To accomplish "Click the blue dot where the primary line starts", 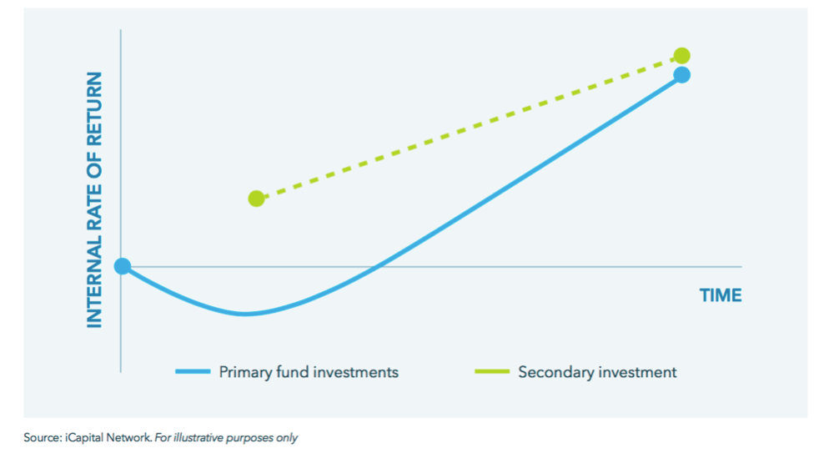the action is (123, 266).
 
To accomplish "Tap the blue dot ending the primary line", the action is (682, 75).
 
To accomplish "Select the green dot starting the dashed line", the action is (256, 199).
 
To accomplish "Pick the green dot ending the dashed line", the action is (682, 56).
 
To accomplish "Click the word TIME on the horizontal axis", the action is (721, 295).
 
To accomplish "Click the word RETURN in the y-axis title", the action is (94, 109).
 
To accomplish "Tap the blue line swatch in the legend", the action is (193, 372).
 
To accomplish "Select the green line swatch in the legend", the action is (492, 372).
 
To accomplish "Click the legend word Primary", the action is (245, 372).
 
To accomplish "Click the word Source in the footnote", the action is (43, 438).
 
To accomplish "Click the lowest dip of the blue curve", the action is (244, 314).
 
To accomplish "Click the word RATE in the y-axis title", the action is (94, 204).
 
